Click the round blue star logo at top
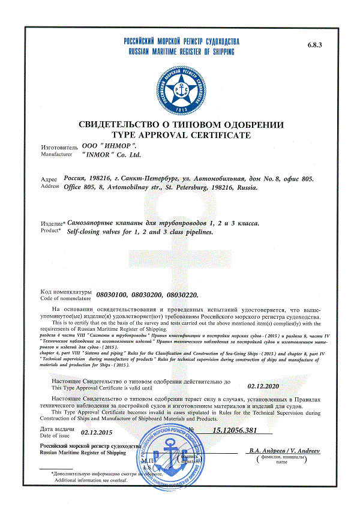(181, 90)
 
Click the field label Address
(49, 187)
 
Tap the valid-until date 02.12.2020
(263, 388)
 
